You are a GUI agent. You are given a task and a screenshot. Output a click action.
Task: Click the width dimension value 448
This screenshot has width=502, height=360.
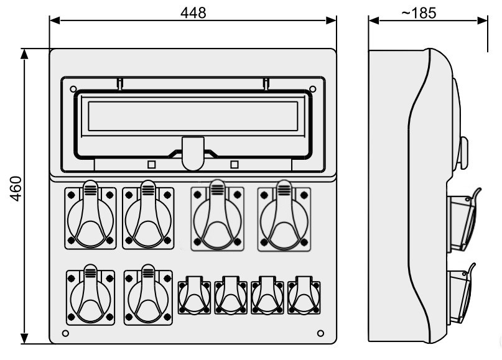point(193,13)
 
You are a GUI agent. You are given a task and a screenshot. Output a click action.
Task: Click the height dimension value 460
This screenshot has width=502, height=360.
point(16,188)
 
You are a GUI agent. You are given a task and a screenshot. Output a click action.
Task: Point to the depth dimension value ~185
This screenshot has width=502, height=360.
point(419,13)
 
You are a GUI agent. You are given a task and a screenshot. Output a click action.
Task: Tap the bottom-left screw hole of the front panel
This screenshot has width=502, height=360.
point(65,333)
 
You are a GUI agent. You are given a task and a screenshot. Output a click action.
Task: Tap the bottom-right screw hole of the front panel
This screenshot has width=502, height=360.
point(320,333)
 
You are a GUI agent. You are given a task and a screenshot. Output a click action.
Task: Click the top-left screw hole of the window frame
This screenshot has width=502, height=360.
point(73,89)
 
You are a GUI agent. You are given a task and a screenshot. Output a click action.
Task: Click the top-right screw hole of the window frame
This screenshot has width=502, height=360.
point(313,89)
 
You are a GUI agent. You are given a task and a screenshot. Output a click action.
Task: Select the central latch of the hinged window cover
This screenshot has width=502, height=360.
point(193,154)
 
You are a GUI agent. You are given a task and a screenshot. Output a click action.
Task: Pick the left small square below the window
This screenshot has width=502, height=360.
point(151,165)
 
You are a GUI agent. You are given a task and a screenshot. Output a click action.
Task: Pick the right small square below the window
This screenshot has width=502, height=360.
point(235,165)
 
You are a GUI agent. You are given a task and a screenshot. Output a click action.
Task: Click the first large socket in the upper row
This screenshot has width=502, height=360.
point(90,215)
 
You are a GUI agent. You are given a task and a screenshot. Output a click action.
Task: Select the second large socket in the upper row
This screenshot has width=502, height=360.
point(148,215)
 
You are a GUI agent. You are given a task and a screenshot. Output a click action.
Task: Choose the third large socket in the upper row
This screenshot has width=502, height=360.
point(217,216)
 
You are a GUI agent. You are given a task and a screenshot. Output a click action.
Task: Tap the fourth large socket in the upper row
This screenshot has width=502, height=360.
point(284,216)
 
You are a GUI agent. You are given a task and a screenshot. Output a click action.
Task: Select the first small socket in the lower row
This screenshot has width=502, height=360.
point(194,295)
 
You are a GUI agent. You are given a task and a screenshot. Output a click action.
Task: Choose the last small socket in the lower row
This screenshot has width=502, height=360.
point(304,295)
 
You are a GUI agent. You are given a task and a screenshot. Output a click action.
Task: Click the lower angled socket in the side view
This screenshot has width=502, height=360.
point(461,293)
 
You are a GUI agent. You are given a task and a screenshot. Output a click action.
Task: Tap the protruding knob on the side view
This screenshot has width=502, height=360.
point(463,153)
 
